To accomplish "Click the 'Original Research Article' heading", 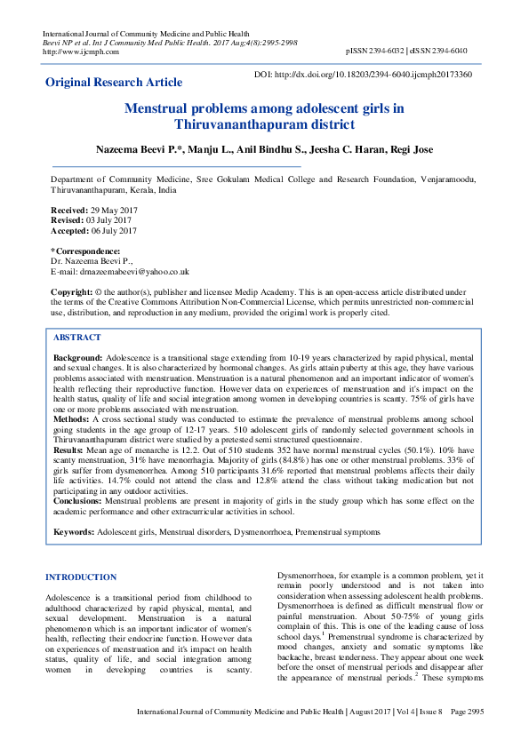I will pos(114,83).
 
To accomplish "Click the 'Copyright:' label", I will pos(72,291).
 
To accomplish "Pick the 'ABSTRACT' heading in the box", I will pos(77,338).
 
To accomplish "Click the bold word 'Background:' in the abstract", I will pos(78,356).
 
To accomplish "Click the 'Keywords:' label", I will pos(75,531).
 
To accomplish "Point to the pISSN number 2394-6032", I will pos(390,52).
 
